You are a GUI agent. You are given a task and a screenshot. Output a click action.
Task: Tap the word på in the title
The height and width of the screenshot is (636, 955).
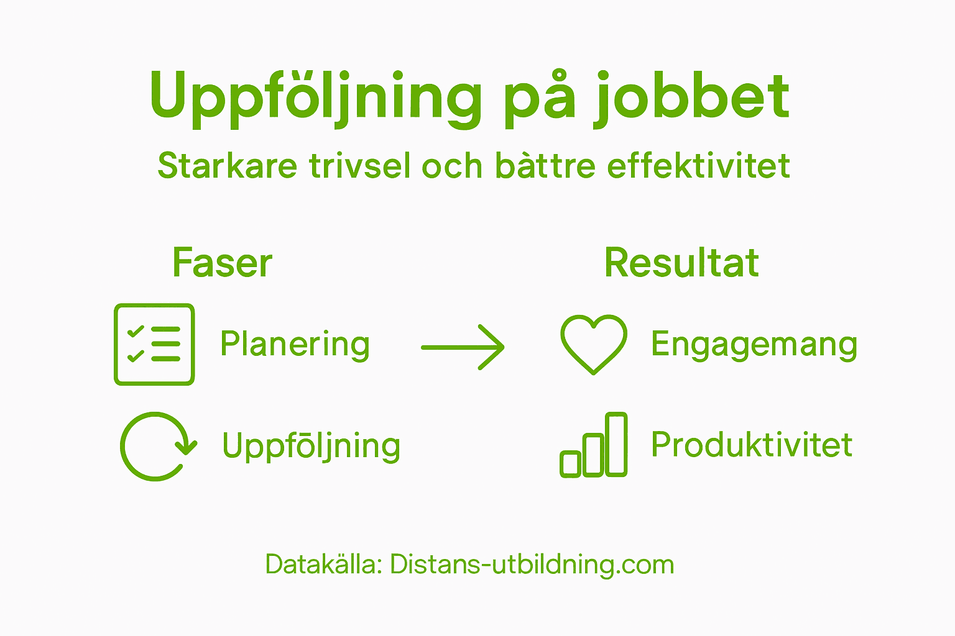pos(539,99)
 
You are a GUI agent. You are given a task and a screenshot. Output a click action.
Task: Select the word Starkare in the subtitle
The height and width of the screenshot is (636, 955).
pos(228,166)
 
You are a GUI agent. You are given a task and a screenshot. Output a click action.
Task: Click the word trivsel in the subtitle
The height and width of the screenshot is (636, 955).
pos(361,166)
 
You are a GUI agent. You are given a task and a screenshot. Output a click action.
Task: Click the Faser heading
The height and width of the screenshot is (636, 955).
pos(222,263)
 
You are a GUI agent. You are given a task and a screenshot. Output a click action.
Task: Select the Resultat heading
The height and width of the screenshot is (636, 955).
pos(681,263)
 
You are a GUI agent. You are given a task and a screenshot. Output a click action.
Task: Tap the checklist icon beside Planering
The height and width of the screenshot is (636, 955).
pos(154,344)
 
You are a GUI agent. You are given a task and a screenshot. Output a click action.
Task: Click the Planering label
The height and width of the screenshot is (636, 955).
pos(295,345)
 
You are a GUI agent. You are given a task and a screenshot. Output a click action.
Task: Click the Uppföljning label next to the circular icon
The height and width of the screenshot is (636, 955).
pos(311,447)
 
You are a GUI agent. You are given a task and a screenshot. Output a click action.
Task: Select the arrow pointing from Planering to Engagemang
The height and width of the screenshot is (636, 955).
pos(463,347)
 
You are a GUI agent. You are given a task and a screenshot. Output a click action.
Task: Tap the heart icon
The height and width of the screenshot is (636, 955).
pos(593,343)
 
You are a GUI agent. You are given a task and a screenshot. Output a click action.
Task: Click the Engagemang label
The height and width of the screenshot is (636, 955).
pos(754,345)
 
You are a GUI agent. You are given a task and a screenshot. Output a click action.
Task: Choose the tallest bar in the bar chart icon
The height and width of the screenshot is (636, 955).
pos(616,444)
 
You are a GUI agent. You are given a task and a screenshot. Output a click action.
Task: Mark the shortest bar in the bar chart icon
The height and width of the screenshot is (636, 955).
pos(570,464)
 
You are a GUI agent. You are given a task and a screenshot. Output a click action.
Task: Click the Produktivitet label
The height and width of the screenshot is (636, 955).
pos(752,445)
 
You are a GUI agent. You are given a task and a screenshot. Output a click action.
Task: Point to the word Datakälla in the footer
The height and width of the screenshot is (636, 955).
pos(323,565)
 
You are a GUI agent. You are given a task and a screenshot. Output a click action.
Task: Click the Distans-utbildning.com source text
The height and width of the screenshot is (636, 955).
pos(532,565)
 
